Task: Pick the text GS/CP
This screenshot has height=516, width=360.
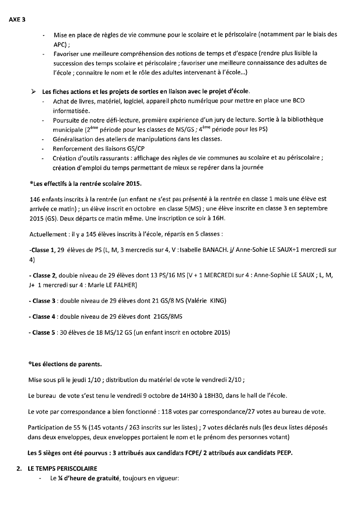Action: [x=136, y=148]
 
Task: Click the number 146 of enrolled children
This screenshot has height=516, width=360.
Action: [x=35, y=199]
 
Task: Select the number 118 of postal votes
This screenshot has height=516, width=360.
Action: [x=181, y=411]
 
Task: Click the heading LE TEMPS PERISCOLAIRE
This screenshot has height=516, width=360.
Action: [x=64, y=468]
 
